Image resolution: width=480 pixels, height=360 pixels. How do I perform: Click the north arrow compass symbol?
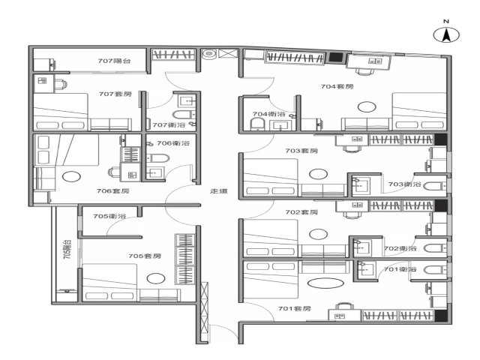(446, 34)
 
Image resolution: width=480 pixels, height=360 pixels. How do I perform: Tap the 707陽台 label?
(115, 61)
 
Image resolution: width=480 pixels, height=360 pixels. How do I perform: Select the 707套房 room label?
(115, 94)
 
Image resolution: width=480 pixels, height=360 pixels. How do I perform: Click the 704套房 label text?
(337, 87)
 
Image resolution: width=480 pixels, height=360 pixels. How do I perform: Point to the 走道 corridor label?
(219, 191)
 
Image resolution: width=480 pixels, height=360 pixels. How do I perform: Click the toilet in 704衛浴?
(257, 124)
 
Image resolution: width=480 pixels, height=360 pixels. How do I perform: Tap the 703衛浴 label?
(405, 184)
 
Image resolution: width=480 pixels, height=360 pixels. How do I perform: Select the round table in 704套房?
(367, 106)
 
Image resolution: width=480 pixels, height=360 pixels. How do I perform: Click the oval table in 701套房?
(325, 283)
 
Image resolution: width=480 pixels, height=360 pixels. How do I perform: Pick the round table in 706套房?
(71, 176)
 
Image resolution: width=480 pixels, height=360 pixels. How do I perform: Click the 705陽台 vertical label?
(67, 250)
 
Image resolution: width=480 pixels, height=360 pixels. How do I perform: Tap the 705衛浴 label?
(109, 216)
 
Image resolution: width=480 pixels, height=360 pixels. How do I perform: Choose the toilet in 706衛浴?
(158, 158)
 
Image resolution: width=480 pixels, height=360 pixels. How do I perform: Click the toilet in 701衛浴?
(436, 270)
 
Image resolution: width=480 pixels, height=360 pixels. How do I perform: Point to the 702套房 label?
(301, 212)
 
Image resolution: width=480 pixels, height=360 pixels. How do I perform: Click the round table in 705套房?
(156, 278)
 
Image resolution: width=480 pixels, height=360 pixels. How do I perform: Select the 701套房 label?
(294, 308)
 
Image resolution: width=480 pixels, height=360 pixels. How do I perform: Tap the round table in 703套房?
(318, 174)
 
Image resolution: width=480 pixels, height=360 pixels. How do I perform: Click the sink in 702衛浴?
(361, 247)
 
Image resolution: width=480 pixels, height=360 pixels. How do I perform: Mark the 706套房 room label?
(113, 191)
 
